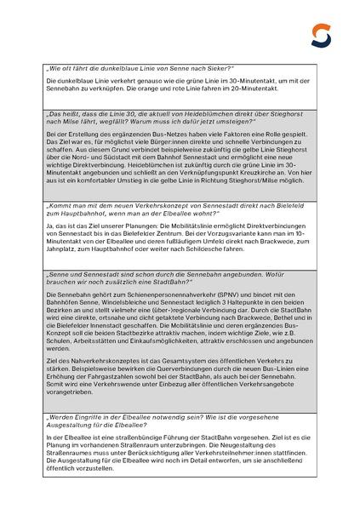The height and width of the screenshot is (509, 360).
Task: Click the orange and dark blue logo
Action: click(322, 35)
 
